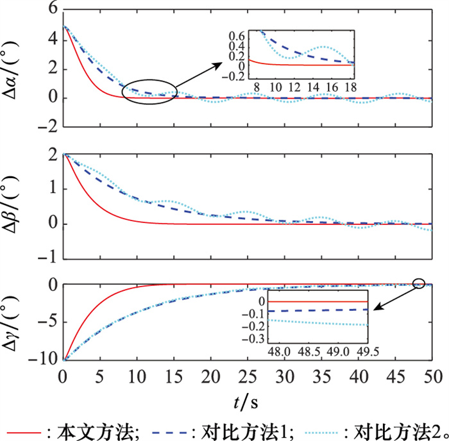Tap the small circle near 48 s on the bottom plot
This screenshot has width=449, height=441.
pos(419,283)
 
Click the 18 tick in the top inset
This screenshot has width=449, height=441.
pos(350,86)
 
